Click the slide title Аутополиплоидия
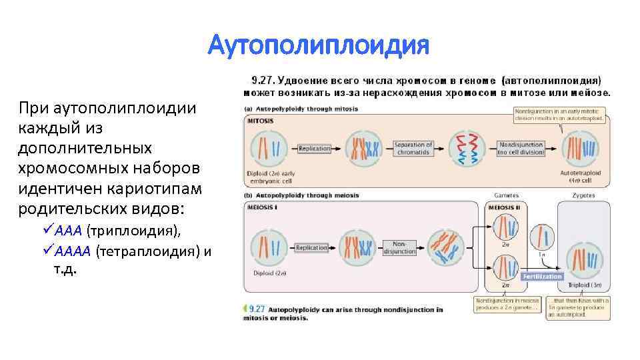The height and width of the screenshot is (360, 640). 319,47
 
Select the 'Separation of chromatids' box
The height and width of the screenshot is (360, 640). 413,149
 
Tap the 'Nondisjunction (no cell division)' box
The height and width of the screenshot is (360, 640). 521,149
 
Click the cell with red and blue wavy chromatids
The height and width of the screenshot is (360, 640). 467,148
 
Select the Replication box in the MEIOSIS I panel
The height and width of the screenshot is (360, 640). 311,247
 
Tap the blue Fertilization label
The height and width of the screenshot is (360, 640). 542,276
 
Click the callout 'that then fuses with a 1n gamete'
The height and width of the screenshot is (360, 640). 577,308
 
